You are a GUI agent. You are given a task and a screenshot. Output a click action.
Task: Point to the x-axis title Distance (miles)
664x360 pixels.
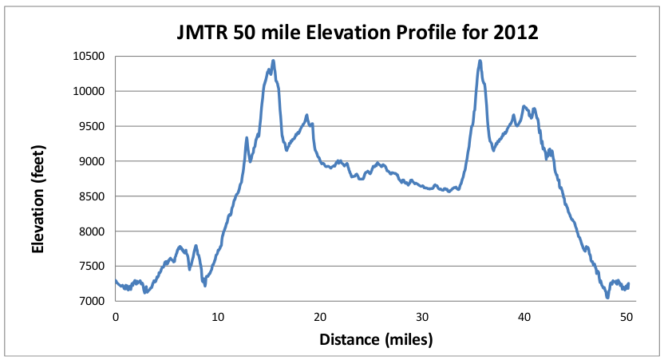[376, 339]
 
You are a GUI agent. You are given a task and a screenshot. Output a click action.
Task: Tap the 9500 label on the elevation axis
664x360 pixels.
[90, 126]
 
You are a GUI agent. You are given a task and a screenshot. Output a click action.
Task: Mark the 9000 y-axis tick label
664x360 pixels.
[90, 161]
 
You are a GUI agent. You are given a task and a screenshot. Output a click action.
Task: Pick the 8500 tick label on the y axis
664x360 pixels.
[90, 196]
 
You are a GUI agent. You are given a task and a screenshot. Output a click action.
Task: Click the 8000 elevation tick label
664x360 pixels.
[90, 231]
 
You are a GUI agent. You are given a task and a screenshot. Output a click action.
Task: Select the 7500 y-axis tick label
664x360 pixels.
[90, 267]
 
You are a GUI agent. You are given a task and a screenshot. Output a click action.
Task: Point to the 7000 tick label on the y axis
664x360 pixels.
[90, 302]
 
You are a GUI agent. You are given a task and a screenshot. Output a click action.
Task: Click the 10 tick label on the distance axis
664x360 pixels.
[218, 316]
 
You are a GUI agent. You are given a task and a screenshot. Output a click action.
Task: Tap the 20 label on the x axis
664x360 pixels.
[320, 316]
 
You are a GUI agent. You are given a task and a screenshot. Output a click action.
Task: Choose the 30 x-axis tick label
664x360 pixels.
[422, 316]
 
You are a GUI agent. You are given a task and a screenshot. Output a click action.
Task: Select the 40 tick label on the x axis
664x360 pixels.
[524, 316]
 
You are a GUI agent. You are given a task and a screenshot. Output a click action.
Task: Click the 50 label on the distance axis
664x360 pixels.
[626, 316]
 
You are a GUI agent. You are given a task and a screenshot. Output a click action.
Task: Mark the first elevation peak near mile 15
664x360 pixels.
[273, 61]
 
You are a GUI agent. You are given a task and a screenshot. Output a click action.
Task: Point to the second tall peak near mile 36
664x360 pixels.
[480, 61]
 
